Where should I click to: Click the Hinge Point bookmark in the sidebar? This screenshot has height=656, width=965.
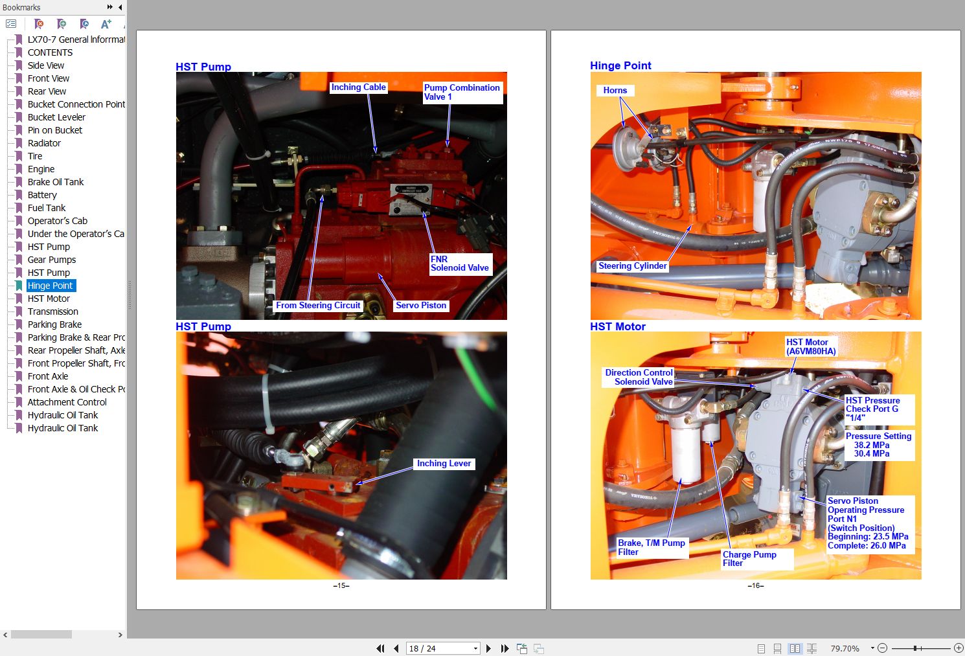51,286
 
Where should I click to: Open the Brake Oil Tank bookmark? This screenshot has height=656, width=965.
56,182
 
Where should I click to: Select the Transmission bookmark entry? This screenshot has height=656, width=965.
53,311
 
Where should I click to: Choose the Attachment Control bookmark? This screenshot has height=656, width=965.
67,402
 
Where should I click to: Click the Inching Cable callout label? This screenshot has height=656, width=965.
358,87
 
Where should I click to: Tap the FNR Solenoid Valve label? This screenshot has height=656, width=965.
460,264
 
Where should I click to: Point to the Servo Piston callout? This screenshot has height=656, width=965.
421,306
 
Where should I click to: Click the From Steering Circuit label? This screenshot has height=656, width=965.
318,306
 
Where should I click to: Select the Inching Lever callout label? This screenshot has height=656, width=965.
444,464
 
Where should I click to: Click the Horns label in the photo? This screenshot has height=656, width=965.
615,91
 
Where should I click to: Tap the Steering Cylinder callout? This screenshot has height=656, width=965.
632,266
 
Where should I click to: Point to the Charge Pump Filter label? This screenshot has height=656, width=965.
749,559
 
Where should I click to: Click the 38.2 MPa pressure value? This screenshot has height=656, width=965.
872,445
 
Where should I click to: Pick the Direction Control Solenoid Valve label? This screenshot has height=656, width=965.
639,377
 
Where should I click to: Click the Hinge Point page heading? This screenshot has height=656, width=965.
620,65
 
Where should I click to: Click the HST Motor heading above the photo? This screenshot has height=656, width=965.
618,326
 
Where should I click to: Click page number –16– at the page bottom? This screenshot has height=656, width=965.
756,585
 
